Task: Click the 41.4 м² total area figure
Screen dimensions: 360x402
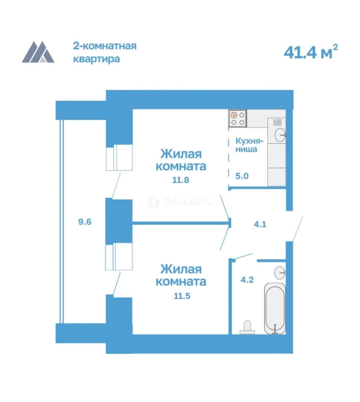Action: (311, 52)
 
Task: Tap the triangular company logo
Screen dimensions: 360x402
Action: (38, 52)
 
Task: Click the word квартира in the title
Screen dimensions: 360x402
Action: (97, 59)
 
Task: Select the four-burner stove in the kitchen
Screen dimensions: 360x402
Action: (238, 118)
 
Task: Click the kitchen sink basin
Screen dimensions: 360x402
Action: (280, 134)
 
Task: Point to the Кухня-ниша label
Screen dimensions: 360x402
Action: (249, 145)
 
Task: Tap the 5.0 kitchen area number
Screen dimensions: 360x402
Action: (242, 176)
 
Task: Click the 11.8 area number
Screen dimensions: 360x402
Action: (181, 180)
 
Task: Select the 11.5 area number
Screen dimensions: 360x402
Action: (182, 296)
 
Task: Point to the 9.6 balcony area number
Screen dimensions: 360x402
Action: (85, 221)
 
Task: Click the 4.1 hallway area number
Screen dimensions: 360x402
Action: (260, 224)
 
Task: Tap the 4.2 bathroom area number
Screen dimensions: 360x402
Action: (247, 280)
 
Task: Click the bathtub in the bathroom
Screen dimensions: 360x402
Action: (275, 309)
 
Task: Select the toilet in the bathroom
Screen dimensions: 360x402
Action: (247, 328)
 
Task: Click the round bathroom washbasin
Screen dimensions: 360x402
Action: (280, 272)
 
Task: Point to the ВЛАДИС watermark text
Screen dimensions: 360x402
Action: (188, 201)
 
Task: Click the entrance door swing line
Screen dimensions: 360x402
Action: (298, 229)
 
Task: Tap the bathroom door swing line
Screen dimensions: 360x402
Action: (244, 256)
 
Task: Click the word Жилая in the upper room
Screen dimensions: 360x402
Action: (181, 154)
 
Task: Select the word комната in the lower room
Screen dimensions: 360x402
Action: (181, 282)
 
